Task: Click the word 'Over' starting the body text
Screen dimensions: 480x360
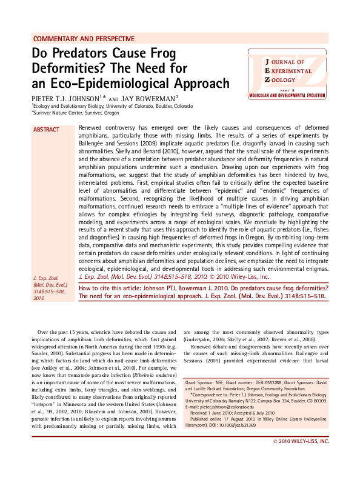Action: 44,333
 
